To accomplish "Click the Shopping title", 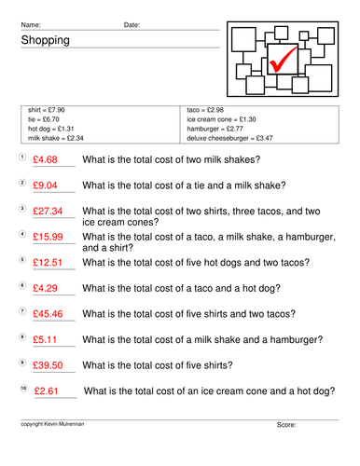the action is (x=46, y=40).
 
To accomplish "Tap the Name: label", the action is (x=31, y=25).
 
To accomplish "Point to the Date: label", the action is (x=132, y=25).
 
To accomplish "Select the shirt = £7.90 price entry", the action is (x=47, y=110).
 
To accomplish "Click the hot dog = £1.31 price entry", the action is (x=51, y=129).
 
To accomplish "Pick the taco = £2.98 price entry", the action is (x=205, y=110).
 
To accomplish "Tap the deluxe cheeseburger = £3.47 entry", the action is (x=229, y=138).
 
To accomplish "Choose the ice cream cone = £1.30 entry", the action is (x=221, y=119).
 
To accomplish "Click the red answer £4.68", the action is (x=45, y=159).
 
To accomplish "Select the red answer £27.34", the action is (x=48, y=212).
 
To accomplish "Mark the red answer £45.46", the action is (x=48, y=314).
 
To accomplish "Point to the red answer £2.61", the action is (x=47, y=391).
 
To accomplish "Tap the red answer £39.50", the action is (x=48, y=365).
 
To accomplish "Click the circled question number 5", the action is (x=22, y=259).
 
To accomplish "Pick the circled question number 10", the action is (x=23, y=388).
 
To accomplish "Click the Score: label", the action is (x=286, y=425).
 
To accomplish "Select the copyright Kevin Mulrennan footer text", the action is (x=52, y=424).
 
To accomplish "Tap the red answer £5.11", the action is (x=45, y=339).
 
